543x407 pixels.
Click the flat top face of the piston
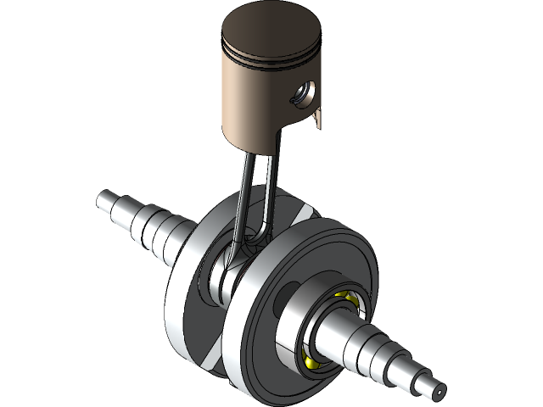273,32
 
